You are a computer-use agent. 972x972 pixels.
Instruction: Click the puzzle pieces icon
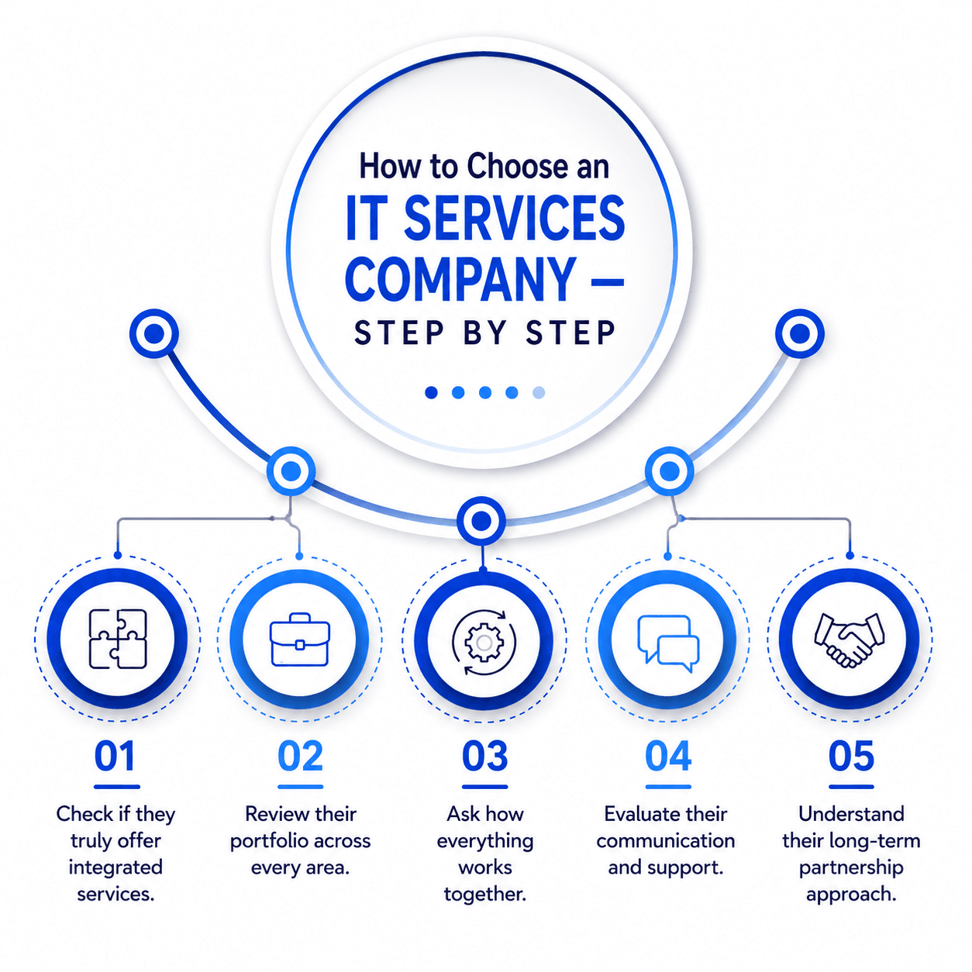[x=118, y=639]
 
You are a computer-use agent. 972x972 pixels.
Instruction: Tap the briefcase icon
[x=300, y=639]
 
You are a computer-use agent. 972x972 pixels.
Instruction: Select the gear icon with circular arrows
[x=484, y=642]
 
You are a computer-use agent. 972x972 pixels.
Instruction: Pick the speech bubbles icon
[x=668, y=643]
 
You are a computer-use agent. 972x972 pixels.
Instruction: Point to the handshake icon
[x=850, y=639]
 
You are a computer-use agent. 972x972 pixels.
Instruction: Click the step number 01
[x=115, y=756]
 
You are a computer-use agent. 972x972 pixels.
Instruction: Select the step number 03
[x=484, y=756]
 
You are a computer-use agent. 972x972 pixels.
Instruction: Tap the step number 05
[x=851, y=756]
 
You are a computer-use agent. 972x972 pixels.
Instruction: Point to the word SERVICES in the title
[x=514, y=218]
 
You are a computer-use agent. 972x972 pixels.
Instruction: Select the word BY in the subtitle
[x=484, y=333]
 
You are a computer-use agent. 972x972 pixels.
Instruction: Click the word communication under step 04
[x=665, y=841]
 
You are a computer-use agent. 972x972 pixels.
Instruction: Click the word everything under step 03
[x=484, y=842]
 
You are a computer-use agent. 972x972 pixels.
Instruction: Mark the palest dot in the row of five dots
[x=539, y=392]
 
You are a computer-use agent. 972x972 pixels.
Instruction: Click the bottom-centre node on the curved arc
[x=481, y=520]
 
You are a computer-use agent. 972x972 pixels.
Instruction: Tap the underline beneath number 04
[x=668, y=787]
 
